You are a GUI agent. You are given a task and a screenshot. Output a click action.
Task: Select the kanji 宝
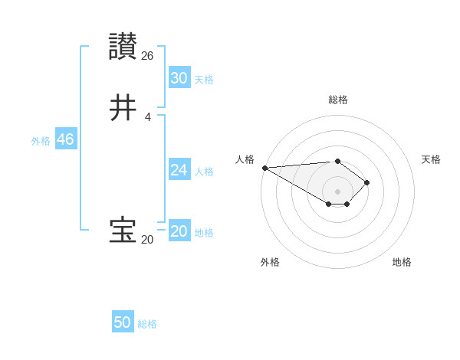[x=123, y=231]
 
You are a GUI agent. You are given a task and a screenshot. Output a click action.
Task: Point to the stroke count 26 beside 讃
[x=148, y=55]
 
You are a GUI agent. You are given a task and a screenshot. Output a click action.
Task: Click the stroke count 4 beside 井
[x=147, y=116]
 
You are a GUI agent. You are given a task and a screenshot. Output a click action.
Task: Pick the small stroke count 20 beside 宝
[x=147, y=239]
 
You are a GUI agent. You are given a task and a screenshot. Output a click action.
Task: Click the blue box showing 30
[x=179, y=78]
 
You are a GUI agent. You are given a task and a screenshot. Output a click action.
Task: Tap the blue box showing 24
[x=179, y=170]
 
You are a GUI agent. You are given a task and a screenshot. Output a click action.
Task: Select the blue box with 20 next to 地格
[x=179, y=231]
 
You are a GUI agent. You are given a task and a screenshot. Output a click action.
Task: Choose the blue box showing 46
[x=65, y=139]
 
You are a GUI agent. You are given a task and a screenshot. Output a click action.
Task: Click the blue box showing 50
[x=123, y=322]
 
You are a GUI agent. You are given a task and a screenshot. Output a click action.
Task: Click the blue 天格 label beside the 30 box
[x=204, y=80]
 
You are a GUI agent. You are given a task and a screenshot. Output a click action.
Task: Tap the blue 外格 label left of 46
[x=41, y=141]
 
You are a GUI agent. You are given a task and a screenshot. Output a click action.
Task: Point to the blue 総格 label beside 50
[x=147, y=324]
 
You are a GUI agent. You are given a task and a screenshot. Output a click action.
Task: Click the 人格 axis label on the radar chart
[x=245, y=159]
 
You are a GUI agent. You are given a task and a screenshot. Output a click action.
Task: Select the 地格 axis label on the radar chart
[x=402, y=262]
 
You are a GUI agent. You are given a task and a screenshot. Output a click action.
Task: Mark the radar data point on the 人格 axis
[x=264, y=168]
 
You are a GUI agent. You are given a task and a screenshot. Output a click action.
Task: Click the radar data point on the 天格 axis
[x=367, y=182]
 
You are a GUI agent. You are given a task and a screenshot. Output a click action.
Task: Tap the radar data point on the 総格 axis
[x=337, y=161]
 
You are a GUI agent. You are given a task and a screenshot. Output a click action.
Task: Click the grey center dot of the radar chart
[x=337, y=191]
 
